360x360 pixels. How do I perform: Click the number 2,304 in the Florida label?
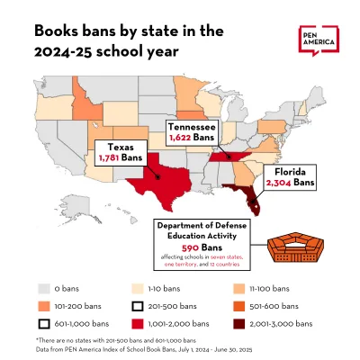pos(281,182)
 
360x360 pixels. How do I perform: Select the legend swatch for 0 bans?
pos(44,289)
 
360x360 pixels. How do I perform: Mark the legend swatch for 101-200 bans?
pos(44,306)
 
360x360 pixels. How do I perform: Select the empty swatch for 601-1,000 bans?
pos(44,322)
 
